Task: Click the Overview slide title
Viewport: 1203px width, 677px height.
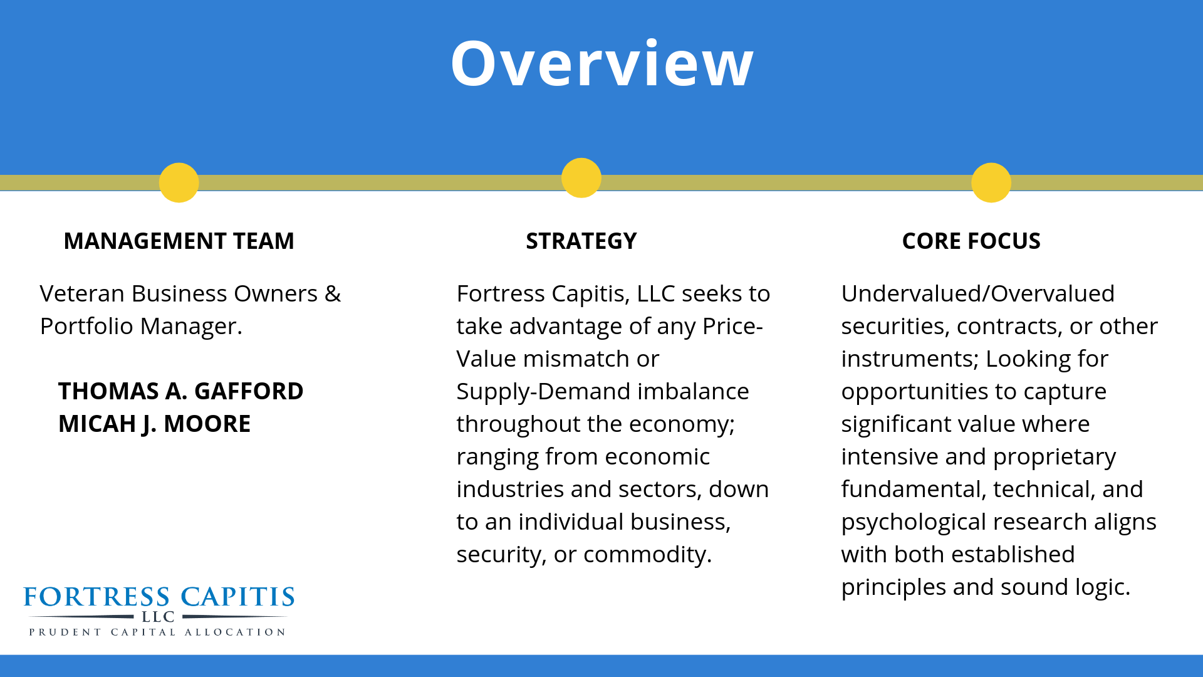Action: pos(602,64)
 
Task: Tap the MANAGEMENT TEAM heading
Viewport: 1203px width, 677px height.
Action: pos(179,241)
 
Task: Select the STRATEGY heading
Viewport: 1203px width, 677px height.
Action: pos(581,241)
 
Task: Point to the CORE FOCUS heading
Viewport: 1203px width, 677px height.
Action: pos(971,241)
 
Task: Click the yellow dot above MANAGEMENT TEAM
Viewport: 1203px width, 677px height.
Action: pos(179,182)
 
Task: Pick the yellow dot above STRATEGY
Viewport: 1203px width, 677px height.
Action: pos(581,177)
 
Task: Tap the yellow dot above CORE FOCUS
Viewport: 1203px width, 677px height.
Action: pos(991,182)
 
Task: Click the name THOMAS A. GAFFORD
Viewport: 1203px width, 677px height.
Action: pos(181,391)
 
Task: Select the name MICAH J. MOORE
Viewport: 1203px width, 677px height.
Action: pos(155,424)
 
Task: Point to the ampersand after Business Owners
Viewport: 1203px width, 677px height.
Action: pos(333,294)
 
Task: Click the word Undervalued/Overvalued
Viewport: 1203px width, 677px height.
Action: pos(978,293)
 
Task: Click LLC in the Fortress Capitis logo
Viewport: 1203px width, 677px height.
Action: pos(158,617)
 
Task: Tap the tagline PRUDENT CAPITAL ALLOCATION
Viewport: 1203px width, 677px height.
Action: pos(157,632)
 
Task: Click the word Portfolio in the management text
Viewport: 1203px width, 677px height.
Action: pos(86,326)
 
